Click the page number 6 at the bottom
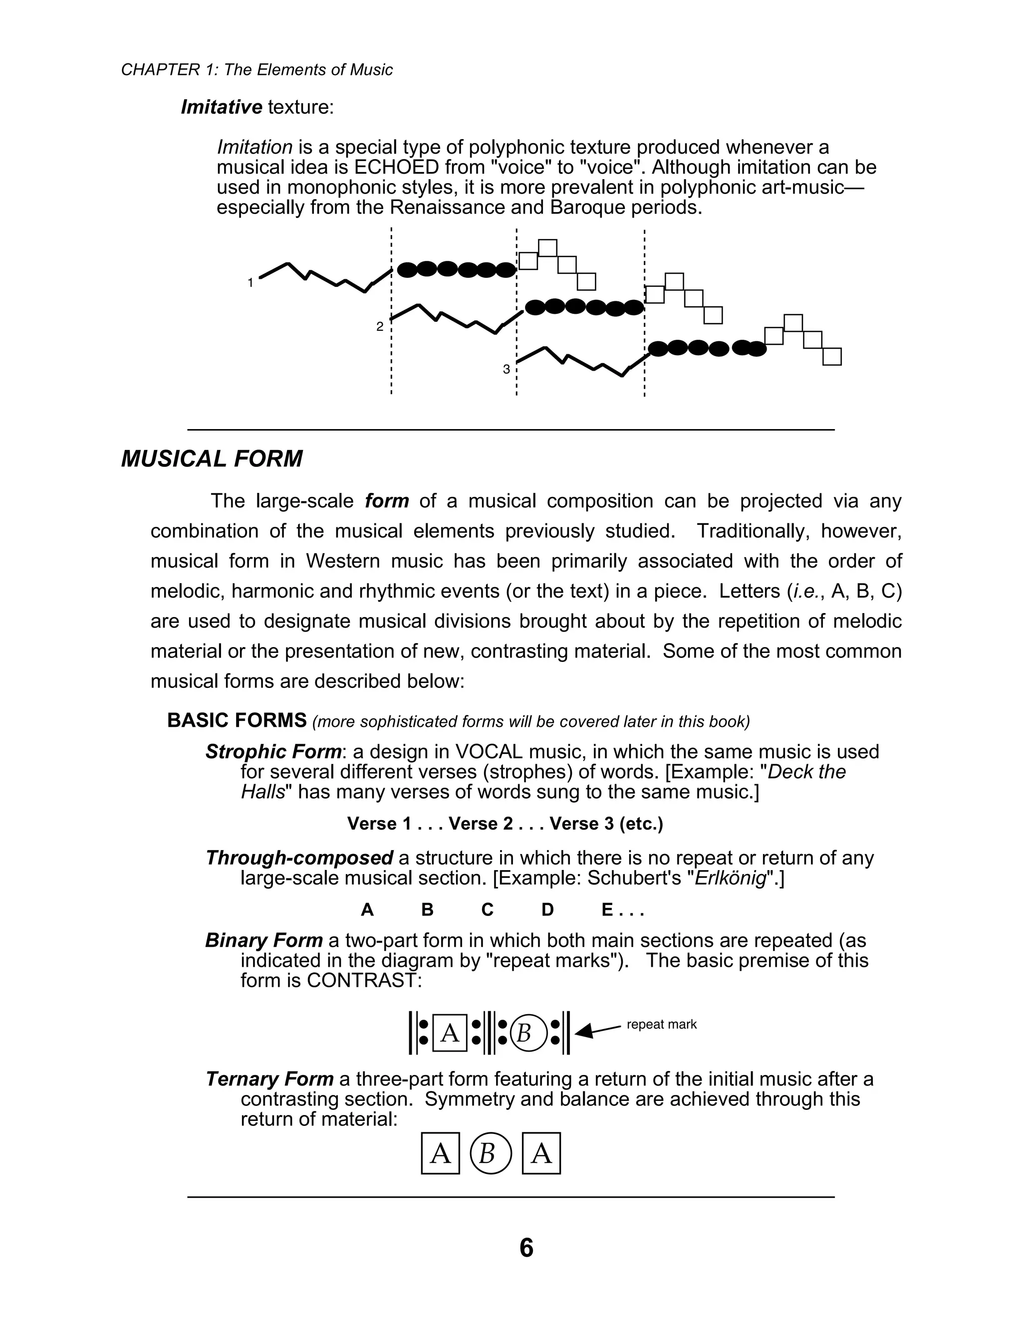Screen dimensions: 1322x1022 point(526,1248)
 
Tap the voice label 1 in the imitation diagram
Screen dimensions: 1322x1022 point(250,283)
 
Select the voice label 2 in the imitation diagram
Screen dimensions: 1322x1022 point(380,327)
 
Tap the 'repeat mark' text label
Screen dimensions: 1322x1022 point(661,1024)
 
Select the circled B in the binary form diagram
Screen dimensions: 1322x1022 point(524,1033)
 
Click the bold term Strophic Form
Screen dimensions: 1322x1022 point(273,752)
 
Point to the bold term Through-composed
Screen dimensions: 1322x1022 point(299,858)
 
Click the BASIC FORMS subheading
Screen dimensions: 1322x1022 point(237,720)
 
